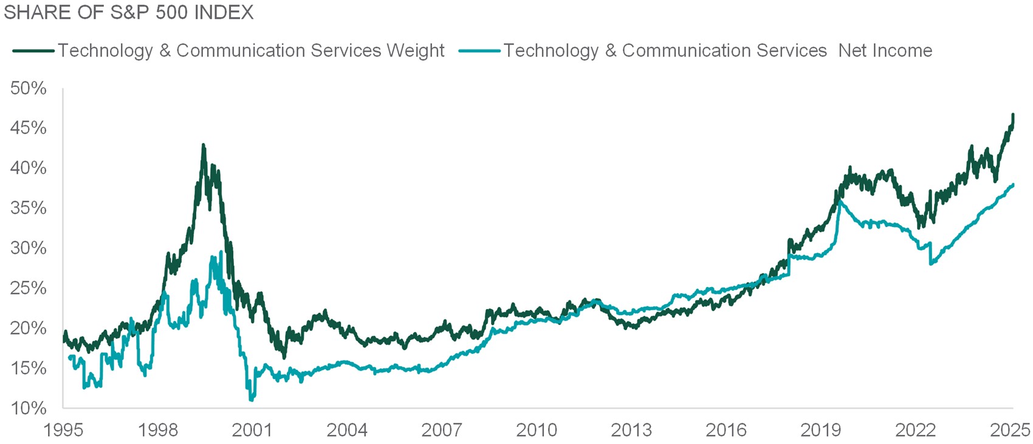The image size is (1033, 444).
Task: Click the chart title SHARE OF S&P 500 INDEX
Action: click(128, 12)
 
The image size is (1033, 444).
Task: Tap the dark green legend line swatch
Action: click(33, 50)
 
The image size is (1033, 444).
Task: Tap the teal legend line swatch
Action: click(479, 50)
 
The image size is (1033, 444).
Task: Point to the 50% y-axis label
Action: click(28, 89)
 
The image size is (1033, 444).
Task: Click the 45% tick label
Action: click(28, 128)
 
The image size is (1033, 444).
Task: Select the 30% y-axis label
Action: click(28, 248)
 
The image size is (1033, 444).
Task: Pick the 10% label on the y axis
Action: click(28, 408)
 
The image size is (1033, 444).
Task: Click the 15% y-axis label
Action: click(28, 368)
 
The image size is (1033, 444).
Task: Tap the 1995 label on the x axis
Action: click(63, 430)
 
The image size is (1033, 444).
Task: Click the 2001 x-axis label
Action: click(252, 430)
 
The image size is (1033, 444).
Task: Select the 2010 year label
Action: click(537, 430)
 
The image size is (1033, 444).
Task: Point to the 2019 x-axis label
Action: click(820, 430)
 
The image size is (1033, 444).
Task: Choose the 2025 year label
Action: click(1010, 430)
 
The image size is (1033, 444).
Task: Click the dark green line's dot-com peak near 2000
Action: click(203, 145)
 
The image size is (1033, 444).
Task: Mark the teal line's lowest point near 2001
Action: click(252, 400)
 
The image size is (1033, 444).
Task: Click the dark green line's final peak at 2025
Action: click(1012, 115)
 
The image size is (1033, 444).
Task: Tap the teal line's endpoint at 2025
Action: click(1013, 185)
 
